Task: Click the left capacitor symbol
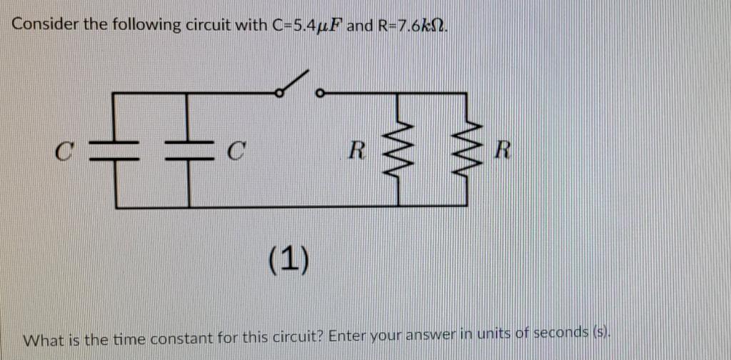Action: (116, 151)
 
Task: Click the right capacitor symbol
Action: (188, 151)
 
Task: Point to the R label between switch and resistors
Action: (358, 151)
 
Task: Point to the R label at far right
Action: (503, 151)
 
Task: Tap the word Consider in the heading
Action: (45, 25)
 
